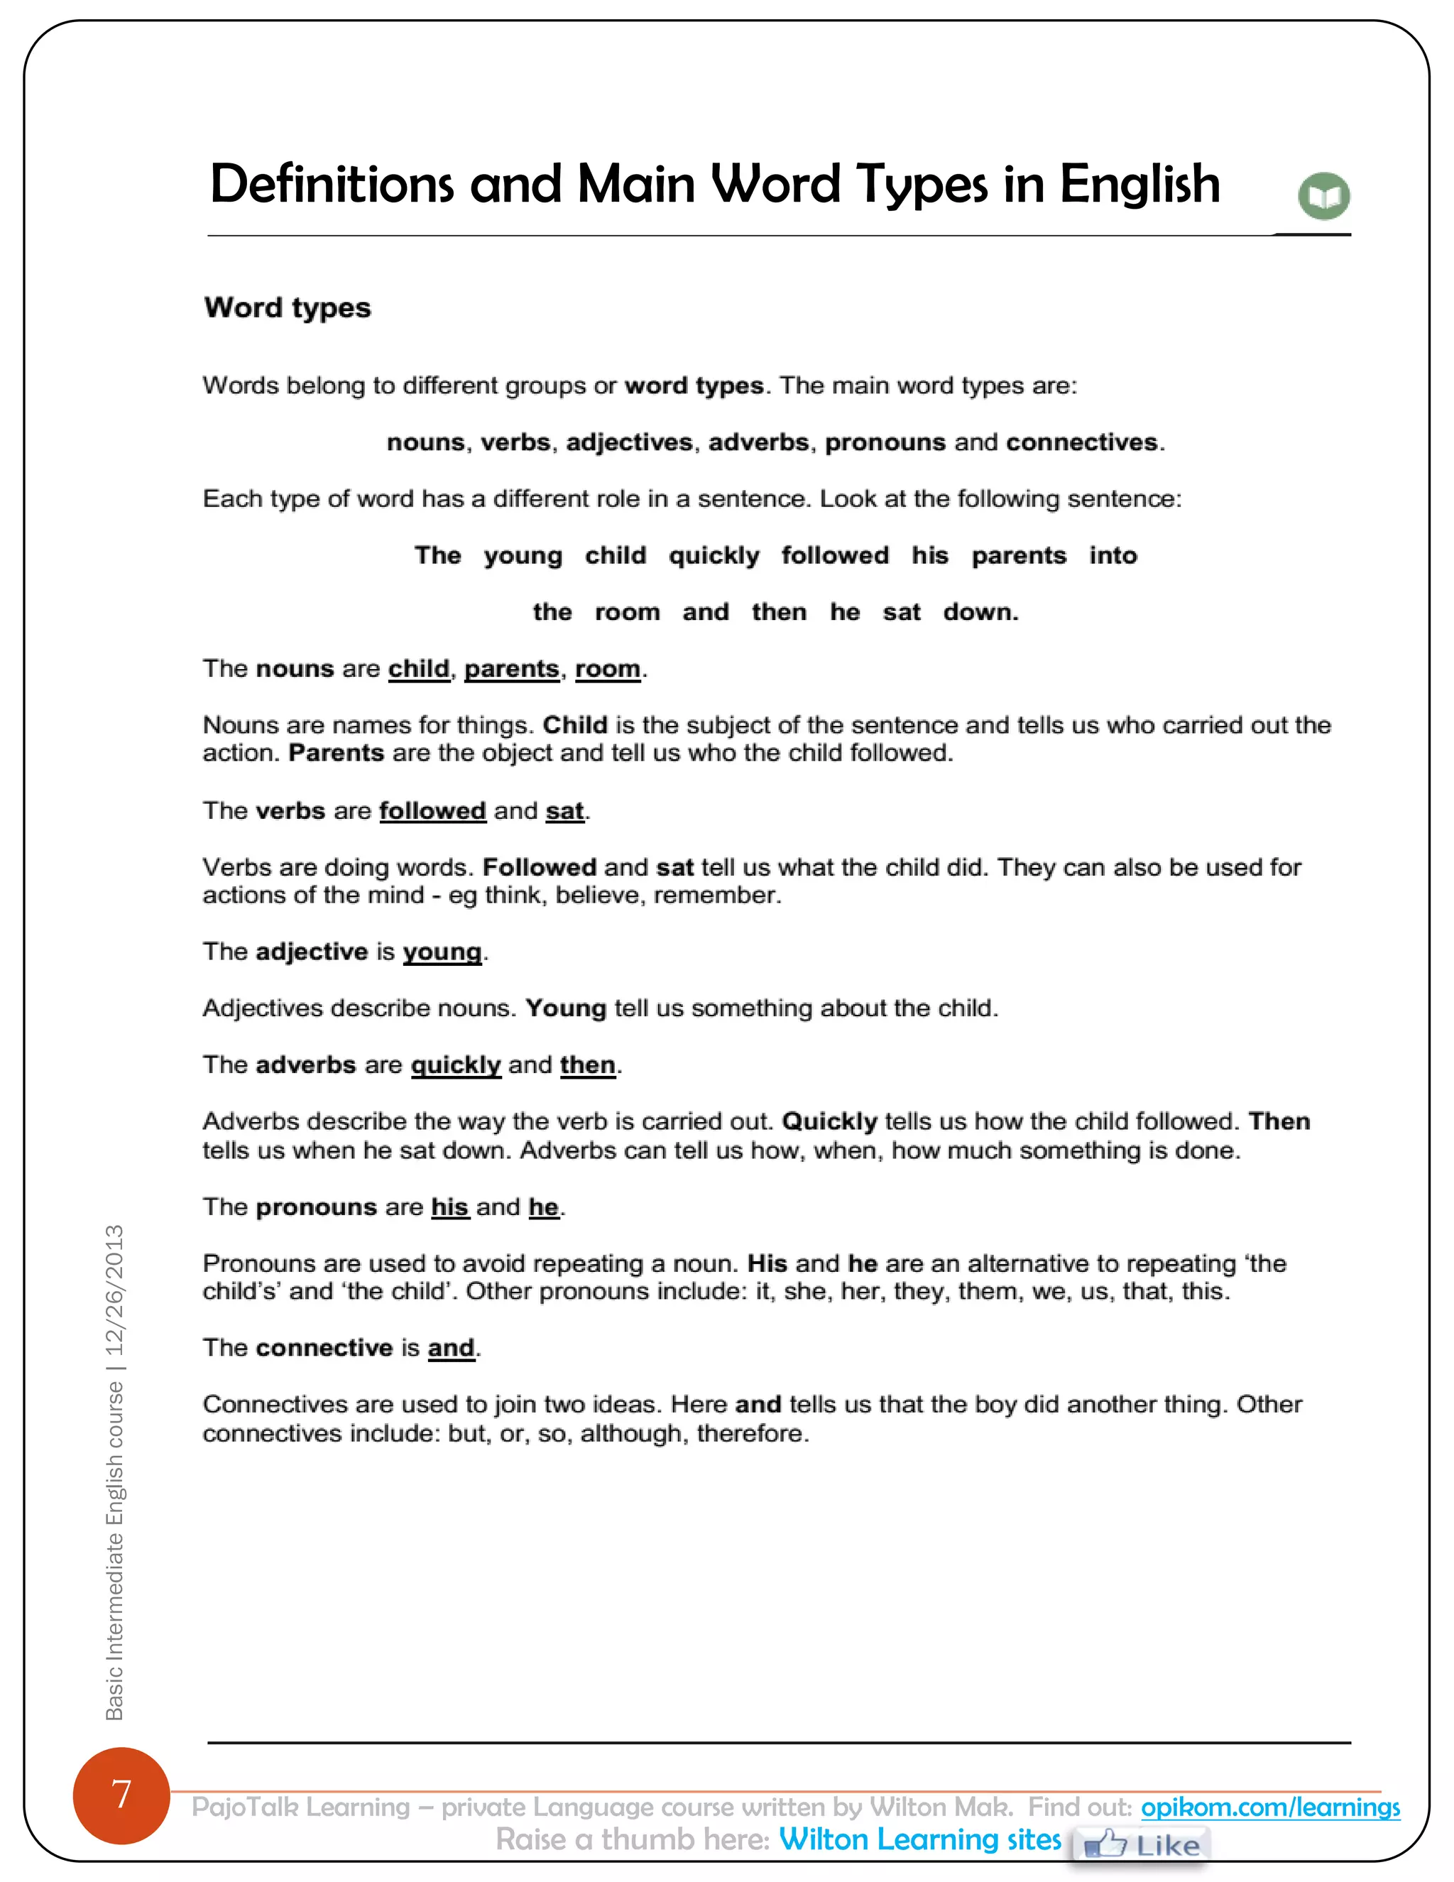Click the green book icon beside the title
coord(1323,197)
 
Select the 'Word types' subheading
coord(287,308)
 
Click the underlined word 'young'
coord(442,952)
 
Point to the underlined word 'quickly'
coord(456,1065)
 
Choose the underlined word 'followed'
coord(432,811)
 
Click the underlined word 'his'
coord(449,1207)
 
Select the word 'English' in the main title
coord(1139,185)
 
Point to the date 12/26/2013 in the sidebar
coord(114,1290)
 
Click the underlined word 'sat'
coord(564,811)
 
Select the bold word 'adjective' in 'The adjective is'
coord(312,952)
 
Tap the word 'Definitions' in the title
coord(332,185)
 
